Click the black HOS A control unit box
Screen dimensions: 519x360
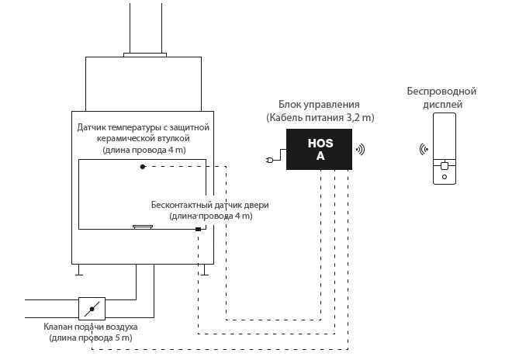point(319,149)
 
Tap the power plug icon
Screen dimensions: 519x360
point(270,161)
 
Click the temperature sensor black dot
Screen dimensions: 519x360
point(143,167)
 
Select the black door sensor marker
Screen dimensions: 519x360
point(198,229)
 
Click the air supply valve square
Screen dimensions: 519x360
point(92,309)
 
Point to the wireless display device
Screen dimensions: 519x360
point(445,148)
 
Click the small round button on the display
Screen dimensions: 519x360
point(445,177)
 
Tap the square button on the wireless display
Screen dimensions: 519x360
point(445,166)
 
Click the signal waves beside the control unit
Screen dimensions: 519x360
point(361,150)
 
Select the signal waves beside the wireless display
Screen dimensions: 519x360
point(424,149)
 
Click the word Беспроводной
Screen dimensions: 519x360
point(441,91)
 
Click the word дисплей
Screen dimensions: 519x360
point(442,105)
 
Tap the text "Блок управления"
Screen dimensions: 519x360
point(319,104)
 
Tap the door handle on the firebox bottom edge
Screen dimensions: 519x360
point(143,227)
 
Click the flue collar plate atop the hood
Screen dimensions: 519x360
point(145,55)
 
